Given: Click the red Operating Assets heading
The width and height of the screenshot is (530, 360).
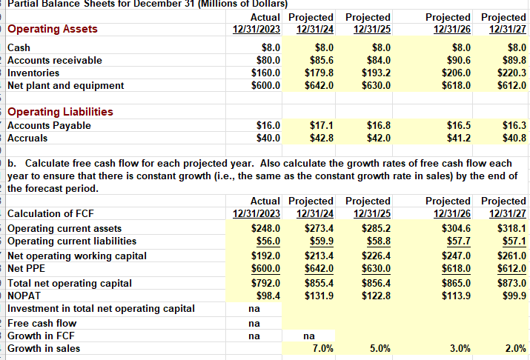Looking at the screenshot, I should point(52,29).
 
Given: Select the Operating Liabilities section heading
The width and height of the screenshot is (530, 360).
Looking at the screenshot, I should point(60,112).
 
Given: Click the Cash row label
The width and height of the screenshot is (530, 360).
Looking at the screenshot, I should point(19,47).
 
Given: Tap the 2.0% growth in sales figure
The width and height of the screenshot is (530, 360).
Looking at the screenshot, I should point(514,348).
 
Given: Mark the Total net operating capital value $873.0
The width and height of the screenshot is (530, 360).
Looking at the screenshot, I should point(510,283).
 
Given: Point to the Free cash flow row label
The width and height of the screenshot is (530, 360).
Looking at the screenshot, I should point(42,323).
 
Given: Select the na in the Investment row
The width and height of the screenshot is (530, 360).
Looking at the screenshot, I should point(254,309).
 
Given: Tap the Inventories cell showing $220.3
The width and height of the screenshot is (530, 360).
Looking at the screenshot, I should point(510,73).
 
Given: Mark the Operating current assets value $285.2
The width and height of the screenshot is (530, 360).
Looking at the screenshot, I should point(377,228).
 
